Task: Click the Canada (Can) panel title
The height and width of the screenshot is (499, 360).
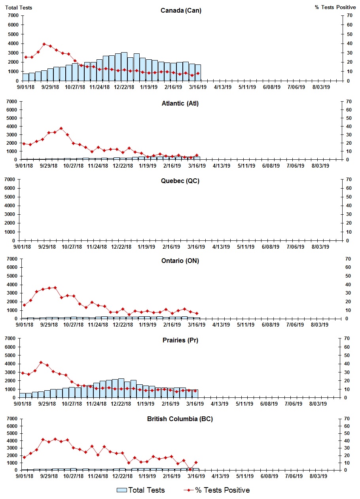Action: coord(181,11)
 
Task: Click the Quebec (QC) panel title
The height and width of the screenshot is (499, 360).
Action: coord(180,181)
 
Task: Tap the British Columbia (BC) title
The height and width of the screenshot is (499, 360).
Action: coord(180,419)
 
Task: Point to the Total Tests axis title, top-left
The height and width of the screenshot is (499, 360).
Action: coord(19,8)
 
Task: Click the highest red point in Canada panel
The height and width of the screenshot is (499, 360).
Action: coord(44,44)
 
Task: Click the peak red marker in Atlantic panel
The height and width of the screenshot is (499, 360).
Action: coord(61,129)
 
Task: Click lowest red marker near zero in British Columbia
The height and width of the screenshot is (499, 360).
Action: coord(190,469)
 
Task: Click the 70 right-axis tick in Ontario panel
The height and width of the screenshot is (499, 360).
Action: coord(348,259)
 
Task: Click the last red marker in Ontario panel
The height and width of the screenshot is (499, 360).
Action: coord(197,313)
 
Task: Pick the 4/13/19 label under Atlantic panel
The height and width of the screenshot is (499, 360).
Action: coord(222,166)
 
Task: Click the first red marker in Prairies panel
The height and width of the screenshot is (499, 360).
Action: coord(23,373)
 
